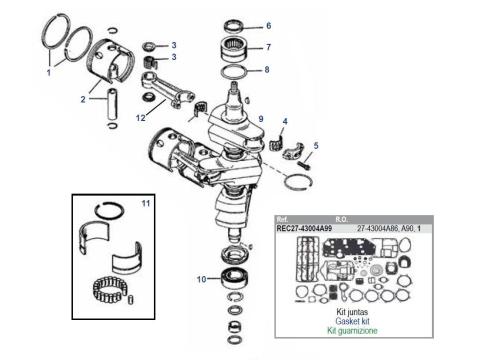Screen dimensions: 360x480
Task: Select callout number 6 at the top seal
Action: pos(267,26)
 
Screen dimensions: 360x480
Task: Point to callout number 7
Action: pos(267,47)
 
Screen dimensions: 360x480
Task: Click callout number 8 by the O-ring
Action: pos(267,69)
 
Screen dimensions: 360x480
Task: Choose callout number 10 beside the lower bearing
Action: pos(201,279)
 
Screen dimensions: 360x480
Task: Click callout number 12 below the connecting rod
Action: pos(141,118)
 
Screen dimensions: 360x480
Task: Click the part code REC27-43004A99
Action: pos(311,226)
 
